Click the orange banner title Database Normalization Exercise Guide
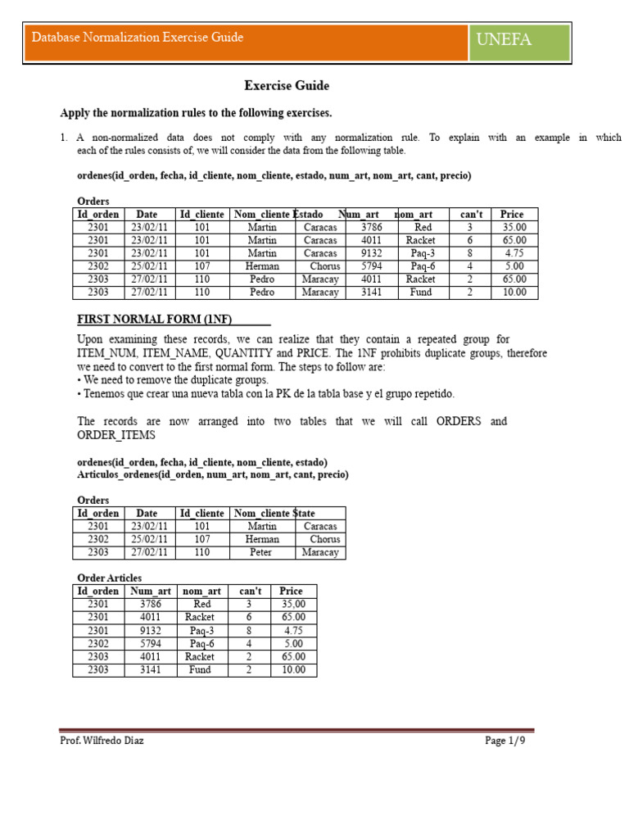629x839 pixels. [138, 38]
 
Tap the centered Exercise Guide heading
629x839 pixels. [287, 85]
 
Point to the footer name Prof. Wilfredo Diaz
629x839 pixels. [102, 741]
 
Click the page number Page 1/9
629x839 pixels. [505, 741]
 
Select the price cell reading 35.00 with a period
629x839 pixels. [514, 227]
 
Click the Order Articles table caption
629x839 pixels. [109, 578]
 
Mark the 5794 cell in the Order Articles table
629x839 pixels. [151, 643]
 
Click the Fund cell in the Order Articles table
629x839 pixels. [200, 669]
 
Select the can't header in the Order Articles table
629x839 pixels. [249, 591]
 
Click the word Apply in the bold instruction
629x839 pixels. [75, 113]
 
